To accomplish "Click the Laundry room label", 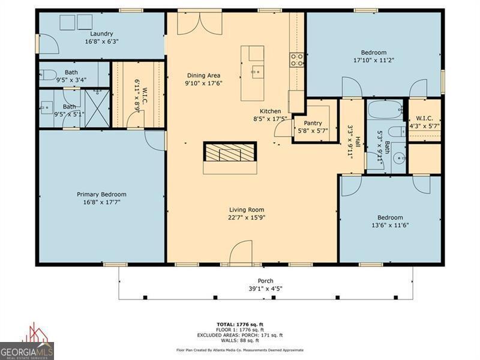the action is tap(101, 34).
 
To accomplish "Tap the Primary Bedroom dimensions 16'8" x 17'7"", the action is tap(101, 202).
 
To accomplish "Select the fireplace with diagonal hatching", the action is tap(230, 152).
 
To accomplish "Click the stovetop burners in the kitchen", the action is tap(296, 60).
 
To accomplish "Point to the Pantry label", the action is tap(313, 123).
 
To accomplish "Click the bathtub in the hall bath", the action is tap(385, 110).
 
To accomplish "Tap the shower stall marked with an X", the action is tap(97, 109).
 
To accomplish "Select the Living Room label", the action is tap(247, 209).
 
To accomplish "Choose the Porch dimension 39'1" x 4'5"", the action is tap(265, 289).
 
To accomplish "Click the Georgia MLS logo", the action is tap(27, 342).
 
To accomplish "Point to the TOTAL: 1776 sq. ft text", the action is tap(240, 325).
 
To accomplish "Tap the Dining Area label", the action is tap(203, 76).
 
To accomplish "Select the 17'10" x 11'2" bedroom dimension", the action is tap(373, 61).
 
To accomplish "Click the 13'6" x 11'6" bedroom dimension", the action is tap(390, 226).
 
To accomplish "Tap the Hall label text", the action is tap(357, 143).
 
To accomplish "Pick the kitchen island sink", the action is tap(258, 72).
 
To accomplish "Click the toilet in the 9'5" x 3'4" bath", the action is tap(48, 74).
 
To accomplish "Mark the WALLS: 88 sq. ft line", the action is tap(240, 340).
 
